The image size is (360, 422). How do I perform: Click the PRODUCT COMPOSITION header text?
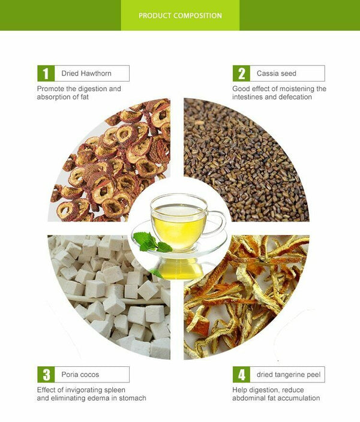point(180,16)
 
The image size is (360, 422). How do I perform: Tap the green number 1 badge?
point(46,73)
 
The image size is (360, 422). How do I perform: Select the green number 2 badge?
point(241,73)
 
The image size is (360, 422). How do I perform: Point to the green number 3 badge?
point(46,375)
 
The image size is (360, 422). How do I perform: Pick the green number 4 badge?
point(241,375)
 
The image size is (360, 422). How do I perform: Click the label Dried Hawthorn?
point(86,73)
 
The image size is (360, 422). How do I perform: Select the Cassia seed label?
point(276,73)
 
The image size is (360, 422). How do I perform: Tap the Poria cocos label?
point(80,375)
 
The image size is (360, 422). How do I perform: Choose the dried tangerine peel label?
point(289,375)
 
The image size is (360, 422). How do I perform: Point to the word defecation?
point(295,97)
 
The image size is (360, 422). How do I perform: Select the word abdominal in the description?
point(247,398)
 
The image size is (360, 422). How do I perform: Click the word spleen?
point(115,390)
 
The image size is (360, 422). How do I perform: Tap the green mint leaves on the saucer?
point(152,242)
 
